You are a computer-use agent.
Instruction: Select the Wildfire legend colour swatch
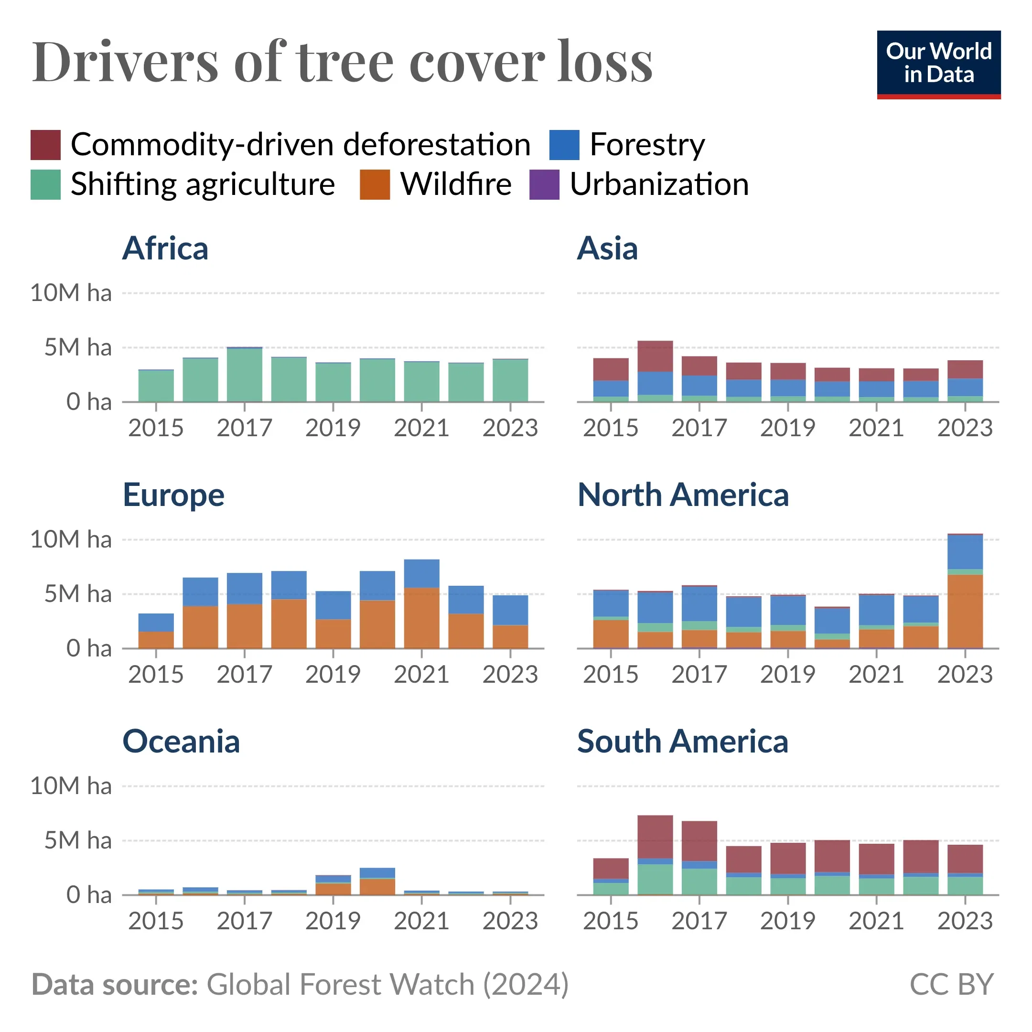[x=375, y=185]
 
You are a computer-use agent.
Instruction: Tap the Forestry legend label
[x=647, y=145]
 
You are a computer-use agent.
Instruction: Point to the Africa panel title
[x=165, y=248]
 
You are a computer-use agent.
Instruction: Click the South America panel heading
[x=682, y=742]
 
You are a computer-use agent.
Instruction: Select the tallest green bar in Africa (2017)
[x=244, y=375]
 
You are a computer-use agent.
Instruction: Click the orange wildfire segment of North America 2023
[x=965, y=611]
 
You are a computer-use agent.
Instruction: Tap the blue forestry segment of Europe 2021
[x=421, y=573]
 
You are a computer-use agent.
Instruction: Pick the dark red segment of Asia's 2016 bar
[x=655, y=356]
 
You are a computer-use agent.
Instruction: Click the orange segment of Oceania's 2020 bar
[x=377, y=887]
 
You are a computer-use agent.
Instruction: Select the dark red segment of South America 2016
[x=655, y=837]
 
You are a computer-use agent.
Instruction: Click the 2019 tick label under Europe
[x=333, y=675]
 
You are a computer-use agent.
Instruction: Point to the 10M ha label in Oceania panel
[x=71, y=786]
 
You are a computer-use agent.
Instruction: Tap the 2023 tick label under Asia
[x=965, y=428]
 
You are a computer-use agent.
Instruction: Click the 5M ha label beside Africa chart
[x=78, y=348]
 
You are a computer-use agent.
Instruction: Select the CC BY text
[x=951, y=984]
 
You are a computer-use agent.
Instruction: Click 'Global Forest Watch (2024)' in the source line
[x=388, y=984]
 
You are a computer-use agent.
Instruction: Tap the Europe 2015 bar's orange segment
[x=156, y=640]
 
